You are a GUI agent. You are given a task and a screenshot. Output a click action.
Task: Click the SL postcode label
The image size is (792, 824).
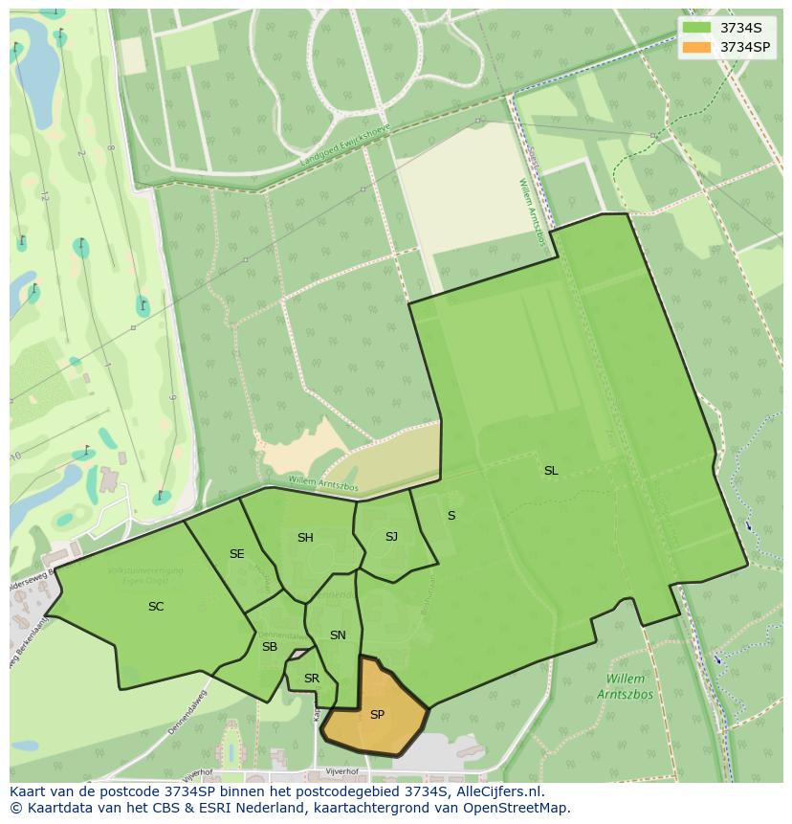coord(551,470)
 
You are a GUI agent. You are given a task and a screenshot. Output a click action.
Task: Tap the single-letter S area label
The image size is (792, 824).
coord(451,516)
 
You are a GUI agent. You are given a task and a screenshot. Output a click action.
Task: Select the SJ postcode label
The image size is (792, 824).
coord(391,537)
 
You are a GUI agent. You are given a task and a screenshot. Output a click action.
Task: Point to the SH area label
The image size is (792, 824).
coord(305,538)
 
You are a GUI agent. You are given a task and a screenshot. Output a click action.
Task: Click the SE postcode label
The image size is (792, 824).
coord(236,554)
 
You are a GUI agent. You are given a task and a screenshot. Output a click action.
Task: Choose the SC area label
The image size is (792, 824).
coord(156,607)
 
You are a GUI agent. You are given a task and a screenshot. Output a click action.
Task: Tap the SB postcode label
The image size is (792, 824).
coord(270,647)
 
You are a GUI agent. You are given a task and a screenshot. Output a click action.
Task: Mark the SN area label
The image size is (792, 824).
coord(338,635)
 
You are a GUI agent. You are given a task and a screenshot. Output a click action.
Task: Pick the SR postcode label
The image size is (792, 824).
coord(311,679)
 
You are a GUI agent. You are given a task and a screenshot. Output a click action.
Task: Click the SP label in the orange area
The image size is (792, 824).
coord(377,715)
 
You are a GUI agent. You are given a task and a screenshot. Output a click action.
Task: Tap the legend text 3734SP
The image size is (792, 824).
coord(746,47)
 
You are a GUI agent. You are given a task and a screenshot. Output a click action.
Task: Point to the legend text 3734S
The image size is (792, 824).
coord(741,28)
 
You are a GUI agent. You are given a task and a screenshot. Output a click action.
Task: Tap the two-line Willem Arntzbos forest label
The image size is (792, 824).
coord(627,686)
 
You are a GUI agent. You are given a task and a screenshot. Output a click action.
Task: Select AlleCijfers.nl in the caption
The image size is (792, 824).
coord(497,791)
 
